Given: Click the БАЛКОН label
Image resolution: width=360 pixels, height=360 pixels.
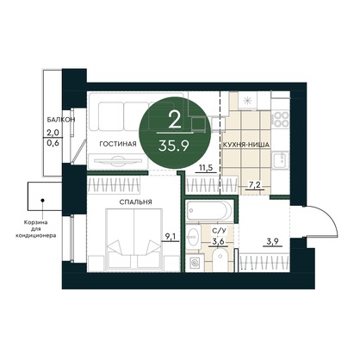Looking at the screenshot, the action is click(61, 120).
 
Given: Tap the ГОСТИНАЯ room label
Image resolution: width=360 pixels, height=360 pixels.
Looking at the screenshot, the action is click(118, 144).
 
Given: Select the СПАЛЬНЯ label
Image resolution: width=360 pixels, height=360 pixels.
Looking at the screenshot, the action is click(135, 202).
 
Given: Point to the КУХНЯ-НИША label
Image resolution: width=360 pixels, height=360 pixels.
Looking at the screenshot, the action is click(246, 145).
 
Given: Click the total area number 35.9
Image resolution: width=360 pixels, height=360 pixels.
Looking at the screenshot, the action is click(174, 146).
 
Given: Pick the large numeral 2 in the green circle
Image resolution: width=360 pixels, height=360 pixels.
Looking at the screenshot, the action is click(175, 120).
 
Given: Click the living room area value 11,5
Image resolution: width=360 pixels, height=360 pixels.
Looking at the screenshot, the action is click(206, 168).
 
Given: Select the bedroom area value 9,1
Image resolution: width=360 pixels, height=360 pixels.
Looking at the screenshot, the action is click(170, 237).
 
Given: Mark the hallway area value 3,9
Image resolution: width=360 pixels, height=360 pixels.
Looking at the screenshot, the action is click(272, 241).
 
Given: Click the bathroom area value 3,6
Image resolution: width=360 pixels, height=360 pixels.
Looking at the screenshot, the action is click(218, 241).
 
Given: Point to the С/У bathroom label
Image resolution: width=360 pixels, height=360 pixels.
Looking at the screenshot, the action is click(218, 231).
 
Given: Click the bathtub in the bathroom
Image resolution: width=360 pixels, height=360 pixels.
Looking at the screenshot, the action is click(209, 210).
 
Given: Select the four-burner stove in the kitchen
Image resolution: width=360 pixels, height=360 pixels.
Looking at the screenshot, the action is click(280, 120).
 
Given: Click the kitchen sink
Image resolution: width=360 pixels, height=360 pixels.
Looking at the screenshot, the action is click(281, 160).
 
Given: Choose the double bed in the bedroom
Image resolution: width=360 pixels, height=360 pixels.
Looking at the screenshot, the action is click(133, 239).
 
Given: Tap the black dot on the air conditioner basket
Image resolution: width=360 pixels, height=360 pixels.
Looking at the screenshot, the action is click(42, 200).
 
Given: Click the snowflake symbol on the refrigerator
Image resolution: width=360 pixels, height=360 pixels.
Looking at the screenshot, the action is click(247, 101).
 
